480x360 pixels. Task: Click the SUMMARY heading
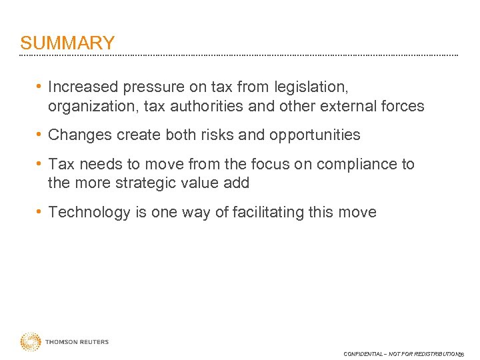(x=67, y=43)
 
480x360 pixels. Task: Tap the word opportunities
(x=315, y=135)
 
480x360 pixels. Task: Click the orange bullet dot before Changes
(x=41, y=135)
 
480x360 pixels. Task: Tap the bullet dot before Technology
(x=41, y=213)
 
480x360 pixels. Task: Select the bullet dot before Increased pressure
(x=41, y=87)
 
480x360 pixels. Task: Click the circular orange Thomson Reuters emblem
(x=30, y=342)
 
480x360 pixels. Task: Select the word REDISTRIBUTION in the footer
(x=434, y=354)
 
